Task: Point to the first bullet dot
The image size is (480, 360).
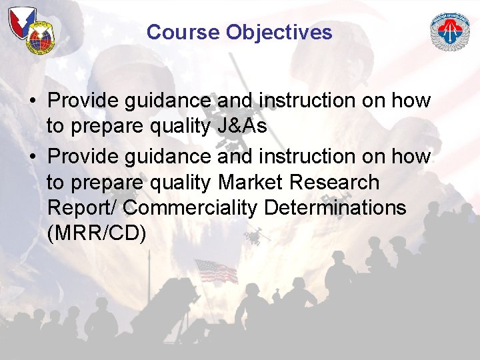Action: click(32, 101)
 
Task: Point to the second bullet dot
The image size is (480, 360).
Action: click(32, 157)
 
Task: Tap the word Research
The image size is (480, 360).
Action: click(340, 182)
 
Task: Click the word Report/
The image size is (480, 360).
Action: click(83, 208)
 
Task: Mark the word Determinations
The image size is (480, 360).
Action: click(335, 208)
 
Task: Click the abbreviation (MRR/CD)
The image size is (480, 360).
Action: click(97, 233)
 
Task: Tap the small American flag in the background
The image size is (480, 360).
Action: click(215, 271)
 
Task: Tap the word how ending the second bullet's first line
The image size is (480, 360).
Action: click(411, 157)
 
